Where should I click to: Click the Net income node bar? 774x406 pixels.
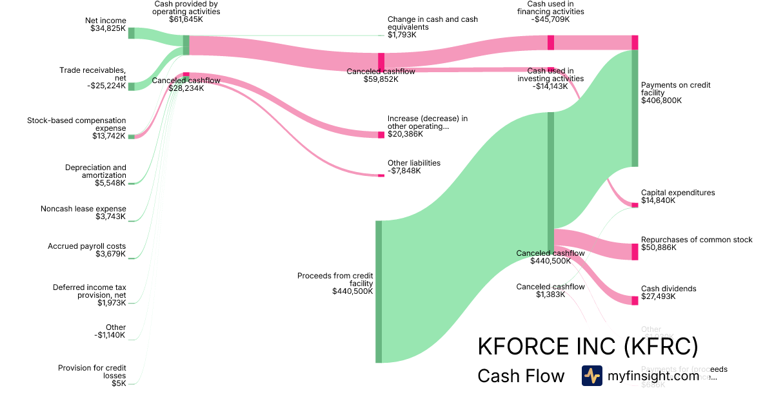tap(131, 33)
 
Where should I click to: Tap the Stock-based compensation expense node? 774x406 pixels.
tap(131, 137)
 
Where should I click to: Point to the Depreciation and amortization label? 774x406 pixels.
tap(95, 171)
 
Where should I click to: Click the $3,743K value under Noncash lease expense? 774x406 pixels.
tap(110, 217)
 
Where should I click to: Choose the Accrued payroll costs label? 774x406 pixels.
tap(86, 246)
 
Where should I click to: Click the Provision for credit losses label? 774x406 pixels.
tap(92, 372)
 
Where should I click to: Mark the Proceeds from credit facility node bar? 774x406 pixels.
tap(379, 291)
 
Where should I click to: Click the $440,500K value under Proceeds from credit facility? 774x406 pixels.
tap(352, 291)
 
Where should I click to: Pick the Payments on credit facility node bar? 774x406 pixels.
tap(634, 108)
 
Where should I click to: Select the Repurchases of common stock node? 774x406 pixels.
tap(634, 251)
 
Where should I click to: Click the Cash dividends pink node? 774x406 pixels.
tap(634, 300)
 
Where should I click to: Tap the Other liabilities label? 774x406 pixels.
tap(413, 163)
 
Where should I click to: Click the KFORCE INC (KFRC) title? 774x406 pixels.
tap(588, 346)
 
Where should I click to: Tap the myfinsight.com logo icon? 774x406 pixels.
tap(591, 376)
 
